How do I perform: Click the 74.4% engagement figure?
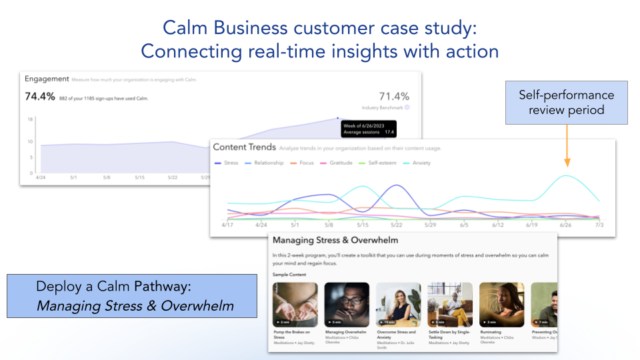pyautogui.click(x=39, y=97)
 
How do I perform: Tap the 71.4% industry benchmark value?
pyautogui.click(x=394, y=97)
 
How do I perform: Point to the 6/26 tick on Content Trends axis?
pyautogui.click(x=565, y=225)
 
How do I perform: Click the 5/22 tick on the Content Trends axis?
pyautogui.click(x=396, y=225)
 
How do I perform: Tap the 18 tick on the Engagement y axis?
pyautogui.click(x=30, y=119)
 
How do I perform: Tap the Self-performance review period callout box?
pyautogui.click(x=567, y=103)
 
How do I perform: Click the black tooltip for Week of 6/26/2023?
pyautogui.click(x=368, y=128)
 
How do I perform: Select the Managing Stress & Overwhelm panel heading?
pyautogui.click(x=335, y=240)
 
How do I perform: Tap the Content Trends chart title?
pyautogui.click(x=243, y=147)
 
